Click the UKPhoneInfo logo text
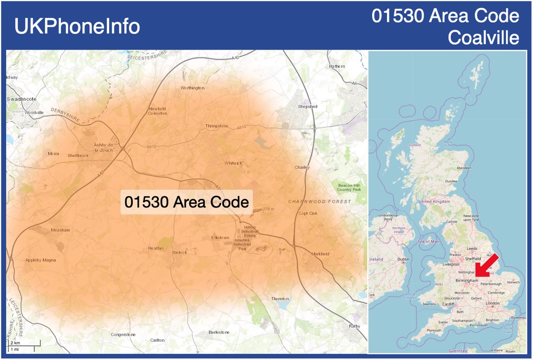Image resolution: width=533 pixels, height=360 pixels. coord(77,26)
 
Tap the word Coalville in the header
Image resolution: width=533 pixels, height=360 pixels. coord(484,38)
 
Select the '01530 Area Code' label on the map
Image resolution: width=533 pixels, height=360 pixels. coord(187,202)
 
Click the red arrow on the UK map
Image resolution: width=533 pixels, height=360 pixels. coord(487,266)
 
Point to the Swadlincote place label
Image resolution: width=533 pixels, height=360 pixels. coord(21,99)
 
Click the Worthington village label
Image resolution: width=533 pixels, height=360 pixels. coord(192,88)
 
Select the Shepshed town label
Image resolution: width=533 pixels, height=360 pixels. coord(307,106)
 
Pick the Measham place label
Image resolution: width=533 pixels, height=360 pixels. coord(60,230)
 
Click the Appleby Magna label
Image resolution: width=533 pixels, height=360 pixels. coord(41,260)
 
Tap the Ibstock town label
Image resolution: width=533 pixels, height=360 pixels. coord(180,252)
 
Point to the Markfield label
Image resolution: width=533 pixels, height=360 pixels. coord(320,254)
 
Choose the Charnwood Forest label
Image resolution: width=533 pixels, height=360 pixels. coord(319,202)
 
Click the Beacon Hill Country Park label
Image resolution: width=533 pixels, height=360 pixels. coord(349,188)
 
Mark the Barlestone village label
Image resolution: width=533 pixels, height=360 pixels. coord(219,332)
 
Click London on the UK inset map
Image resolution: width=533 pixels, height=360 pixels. coord(492,303)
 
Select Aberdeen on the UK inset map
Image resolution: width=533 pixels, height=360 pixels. coord(464,168)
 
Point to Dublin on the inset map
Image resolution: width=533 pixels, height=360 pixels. coord(403,259)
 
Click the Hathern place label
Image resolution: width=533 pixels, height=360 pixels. coord(337,66)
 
